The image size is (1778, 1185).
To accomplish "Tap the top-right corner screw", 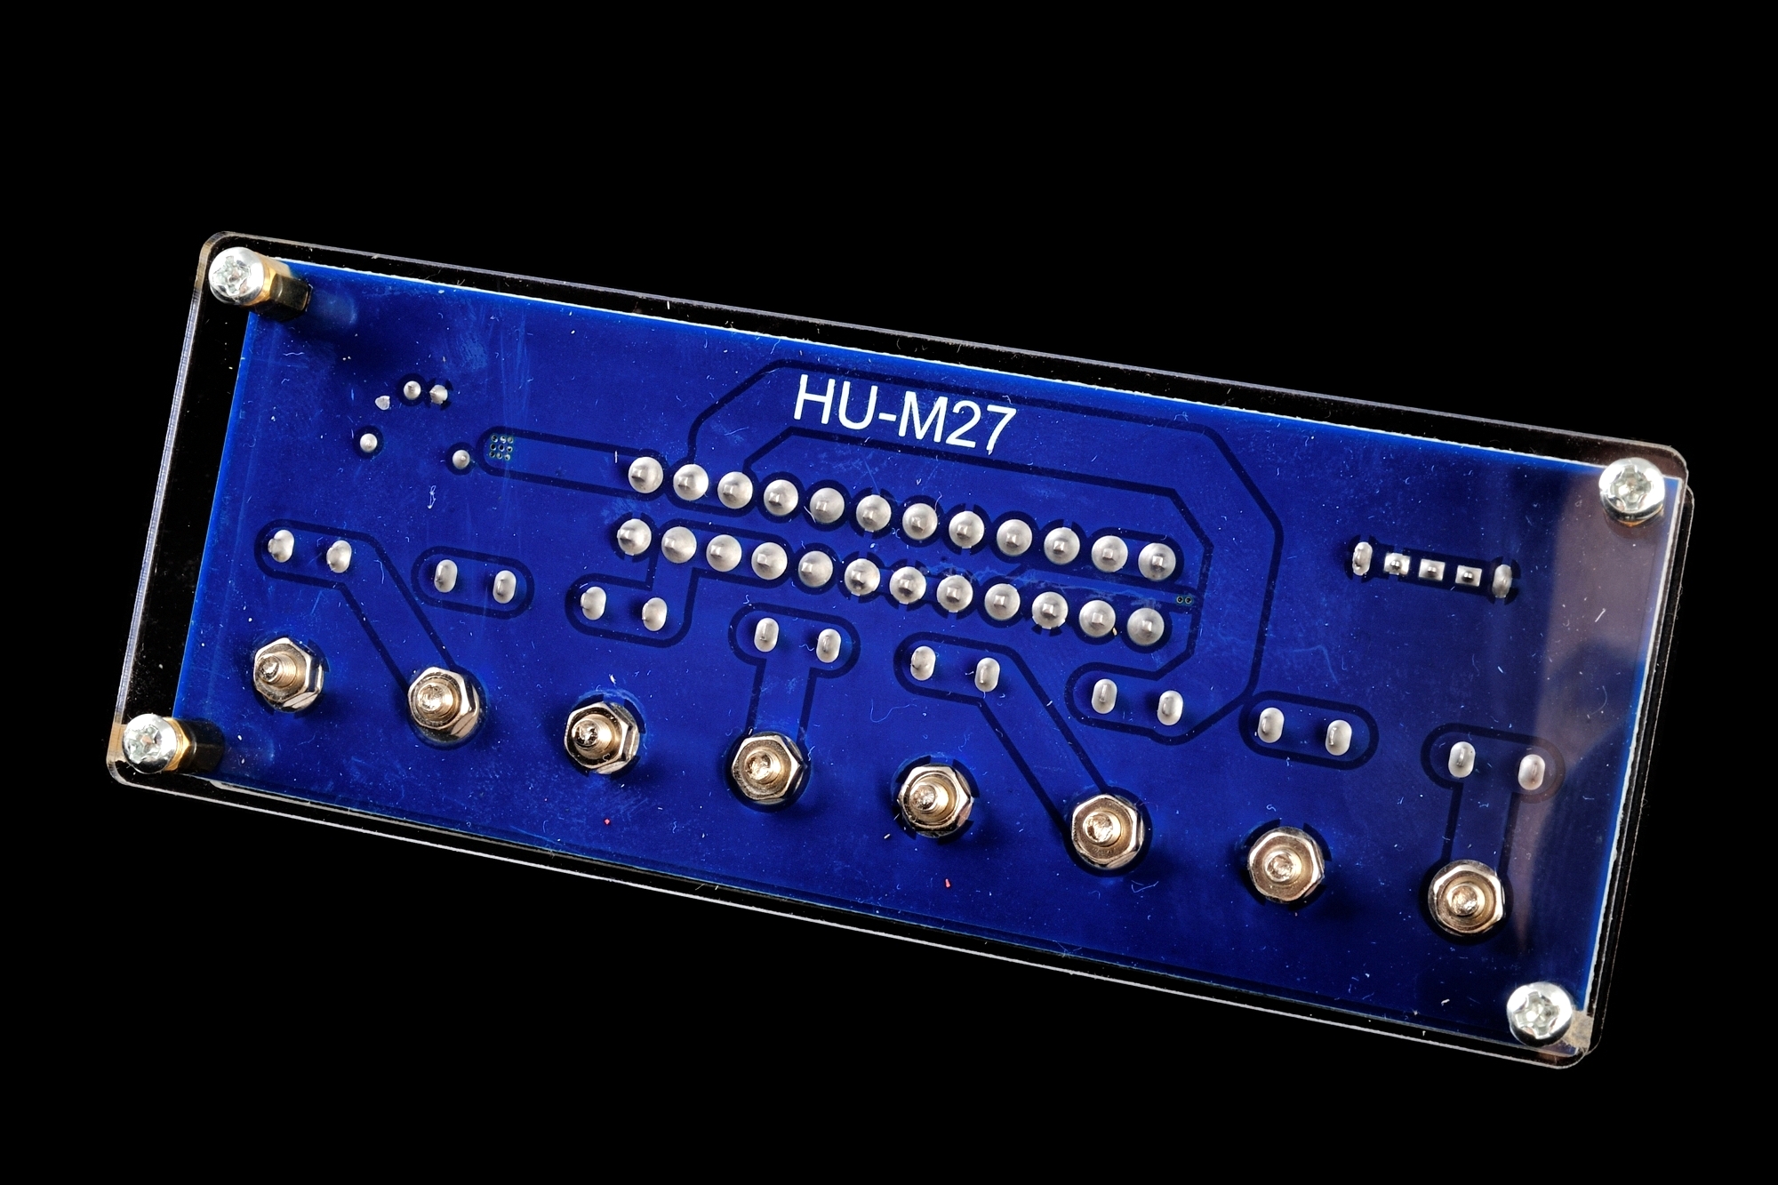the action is tap(1631, 488).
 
